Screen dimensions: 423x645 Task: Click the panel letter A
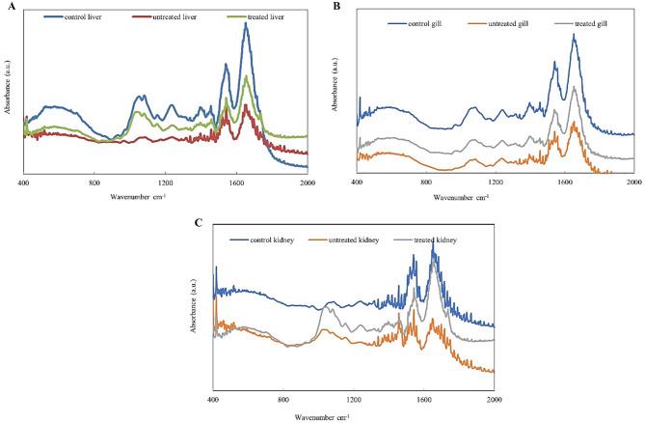pyautogui.click(x=7, y=6)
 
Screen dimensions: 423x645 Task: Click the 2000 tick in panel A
pyautogui.click(x=307, y=183)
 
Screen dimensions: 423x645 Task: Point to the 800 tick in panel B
pyautogui.click(x=426, y=183)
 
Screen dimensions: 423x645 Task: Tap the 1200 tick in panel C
pyautogui.click(x=353, y=399)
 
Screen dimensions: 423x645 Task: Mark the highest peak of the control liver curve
pyautogui.click(x=246, y=24)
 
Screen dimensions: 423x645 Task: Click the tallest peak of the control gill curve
pyautogui.click(x=574, y=35)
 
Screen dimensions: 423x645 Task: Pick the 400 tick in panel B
pyautogui.click(x=357, y=183)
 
